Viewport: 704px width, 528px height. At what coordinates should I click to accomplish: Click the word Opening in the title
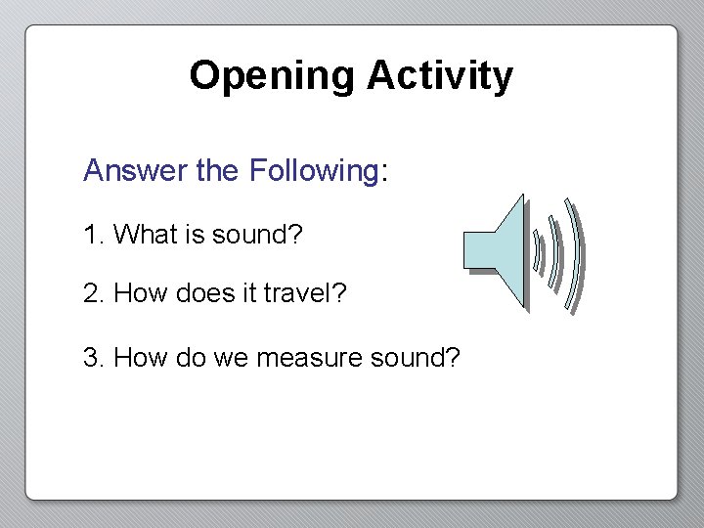(x=272, y=75)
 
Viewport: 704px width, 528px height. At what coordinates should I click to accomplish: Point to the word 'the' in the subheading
(x=216, y=170)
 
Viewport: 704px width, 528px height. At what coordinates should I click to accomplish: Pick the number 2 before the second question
(x=92, y=293)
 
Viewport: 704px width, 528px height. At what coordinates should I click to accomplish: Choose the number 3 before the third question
(x=92, y=358)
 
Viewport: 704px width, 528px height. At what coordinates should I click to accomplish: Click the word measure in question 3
(x=310, y=358)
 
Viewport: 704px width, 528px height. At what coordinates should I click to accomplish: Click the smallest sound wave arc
(x=537, y=251)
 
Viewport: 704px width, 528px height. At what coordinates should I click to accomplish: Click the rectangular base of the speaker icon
(x=478, y=250)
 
